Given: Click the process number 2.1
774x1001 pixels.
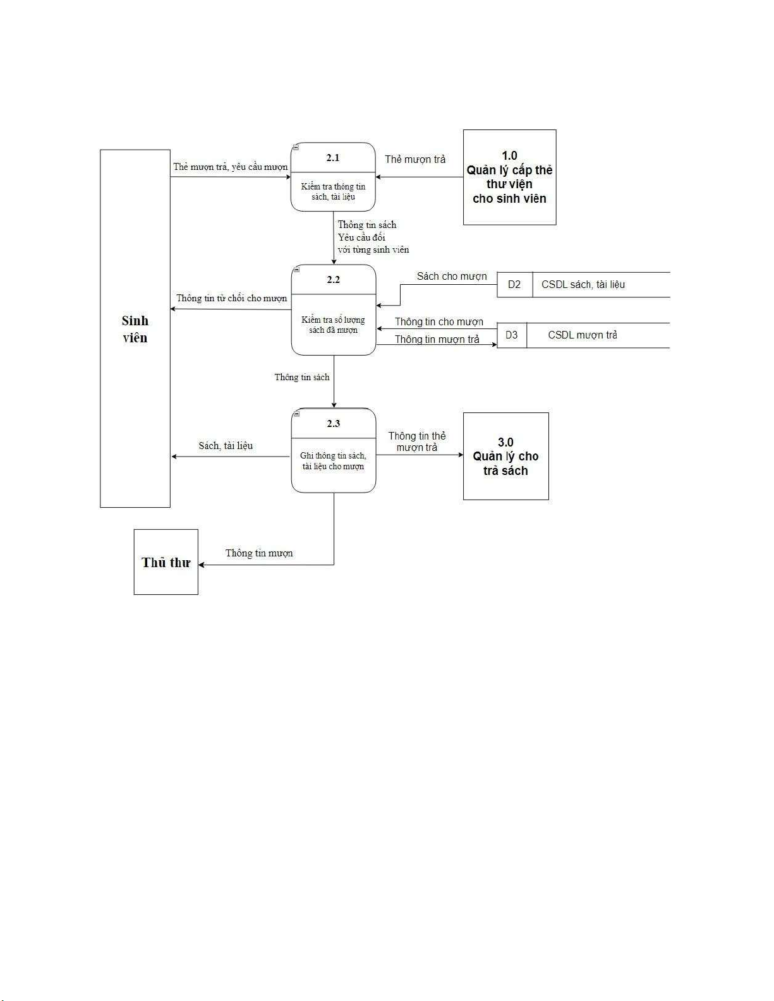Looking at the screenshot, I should click(x=333, y=158).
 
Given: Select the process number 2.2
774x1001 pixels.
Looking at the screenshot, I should click(x=334, y=280).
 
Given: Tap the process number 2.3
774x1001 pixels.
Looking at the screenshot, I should click(x=334, y=424).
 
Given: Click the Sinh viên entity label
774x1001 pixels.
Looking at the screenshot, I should click(x=135, y=329).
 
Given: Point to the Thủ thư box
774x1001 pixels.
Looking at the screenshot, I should click(x=166, y=562).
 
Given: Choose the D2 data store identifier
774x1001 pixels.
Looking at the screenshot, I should click(x=514, y=285).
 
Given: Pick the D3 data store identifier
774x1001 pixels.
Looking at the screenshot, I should click(x=512, y=335).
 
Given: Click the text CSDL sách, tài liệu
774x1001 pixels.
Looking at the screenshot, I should click(x=583, y=285).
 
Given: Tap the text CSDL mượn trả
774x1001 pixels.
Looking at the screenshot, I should click(x=583, y=335).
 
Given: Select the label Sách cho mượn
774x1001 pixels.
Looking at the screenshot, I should click(x=452, y=277).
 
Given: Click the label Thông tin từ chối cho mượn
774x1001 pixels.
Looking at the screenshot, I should click(x=231, y=298).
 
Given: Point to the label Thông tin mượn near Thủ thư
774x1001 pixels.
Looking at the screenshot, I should click(x=259, y=553).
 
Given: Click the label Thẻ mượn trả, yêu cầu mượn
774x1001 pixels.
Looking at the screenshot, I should click(x=231, y=167).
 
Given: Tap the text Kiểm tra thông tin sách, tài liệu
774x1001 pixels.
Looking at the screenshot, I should click(x=333, y=192).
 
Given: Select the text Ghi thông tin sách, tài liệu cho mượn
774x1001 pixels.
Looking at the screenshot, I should click(x=333, y=461).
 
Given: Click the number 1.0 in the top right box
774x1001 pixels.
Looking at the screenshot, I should click(x=509, y=156).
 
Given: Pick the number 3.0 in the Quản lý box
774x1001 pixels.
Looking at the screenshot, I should click(x=505, y=443).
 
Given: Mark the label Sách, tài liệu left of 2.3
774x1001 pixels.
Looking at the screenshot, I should click(x=226, y=446).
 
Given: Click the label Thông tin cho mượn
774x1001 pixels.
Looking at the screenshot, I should click(x=439, y=322).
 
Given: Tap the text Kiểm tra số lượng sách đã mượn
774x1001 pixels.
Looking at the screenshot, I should click(x=333, y=325).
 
